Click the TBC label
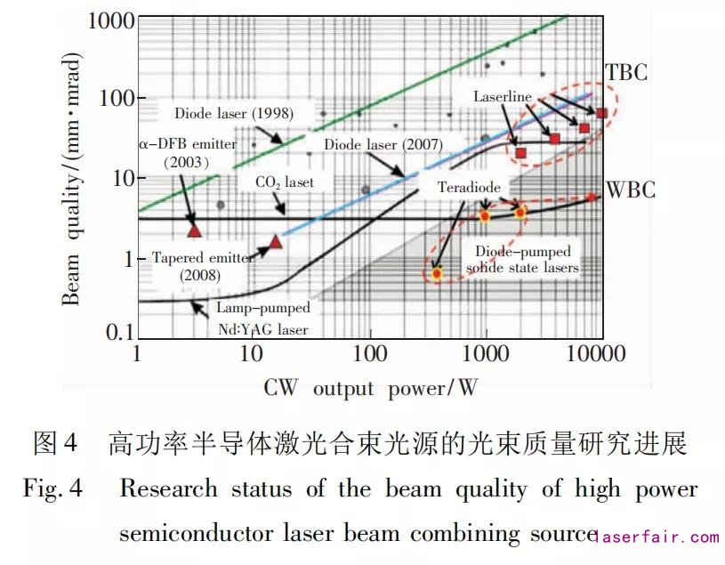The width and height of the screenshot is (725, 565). click(626, 72)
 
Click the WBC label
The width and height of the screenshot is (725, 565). click(631, 190)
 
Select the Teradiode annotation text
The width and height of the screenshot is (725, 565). click(469, 188)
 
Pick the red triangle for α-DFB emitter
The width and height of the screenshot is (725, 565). click(195, 230)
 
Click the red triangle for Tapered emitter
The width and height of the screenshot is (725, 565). click(276, 241)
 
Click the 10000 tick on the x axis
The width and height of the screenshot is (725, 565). click(599, 354)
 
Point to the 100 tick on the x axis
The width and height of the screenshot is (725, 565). click(369, 354)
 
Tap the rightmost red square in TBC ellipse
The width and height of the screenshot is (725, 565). click(601, 113)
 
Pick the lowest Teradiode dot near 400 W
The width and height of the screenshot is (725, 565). click(437, 273)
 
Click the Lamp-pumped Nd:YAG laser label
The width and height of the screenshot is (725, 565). click(264, 319)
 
